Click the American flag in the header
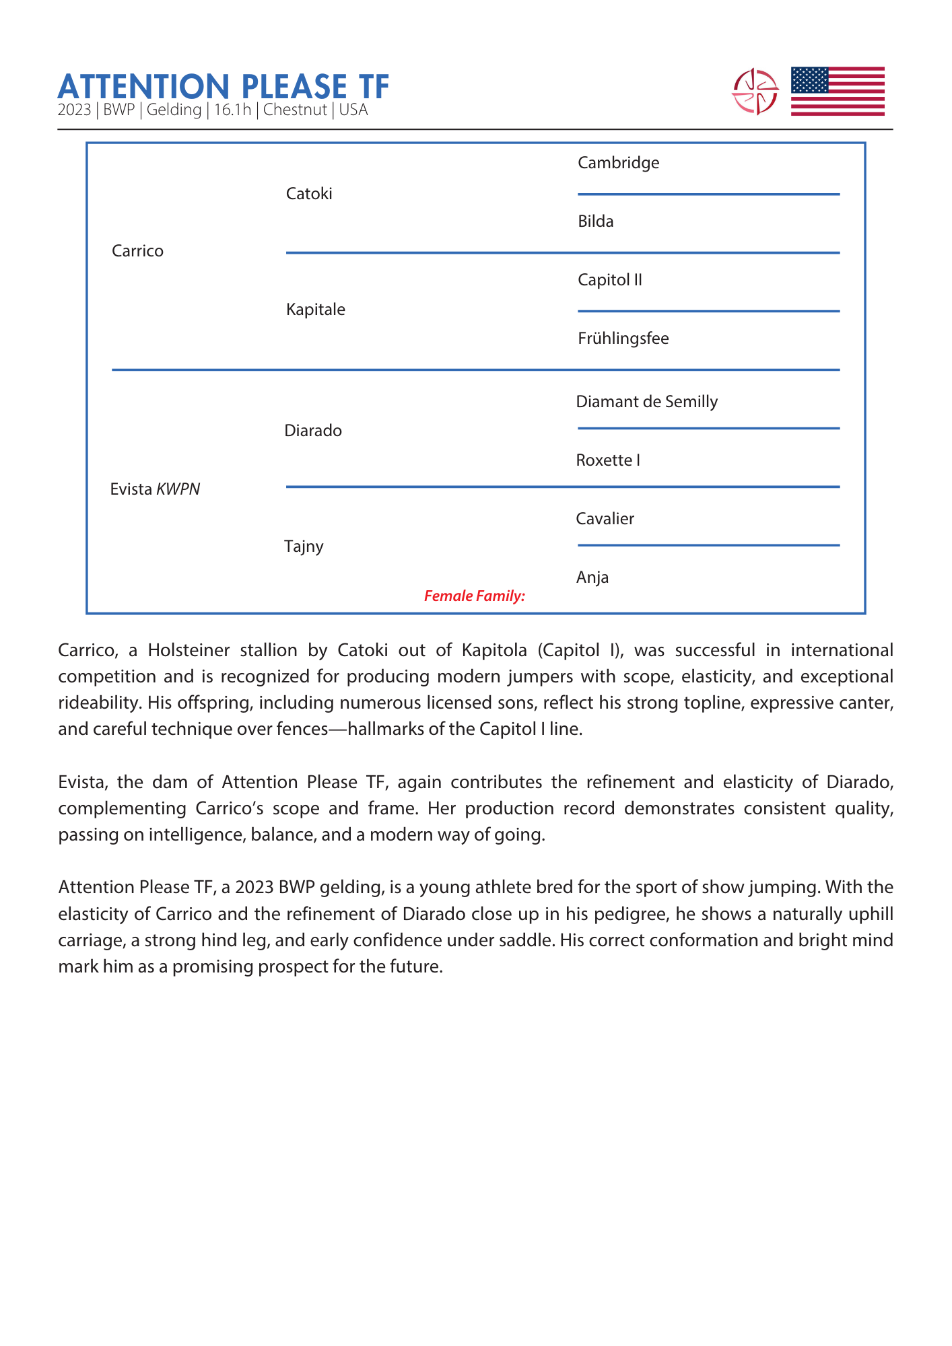[x=837, y=92]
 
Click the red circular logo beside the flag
[x=755, y=92]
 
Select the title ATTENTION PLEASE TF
[x=224, y=87]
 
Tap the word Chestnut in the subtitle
[x=295, y=110]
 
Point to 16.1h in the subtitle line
[x=232, y=110]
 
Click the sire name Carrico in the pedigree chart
[x=137, y=251]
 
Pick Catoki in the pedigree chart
[x=309, y=194]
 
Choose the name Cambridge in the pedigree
[x=618, y=163]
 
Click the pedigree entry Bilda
[x=595, y=221]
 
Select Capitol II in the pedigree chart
[x=609, y=280]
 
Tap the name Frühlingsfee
[x=623, y=339]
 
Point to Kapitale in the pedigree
[x=315, y=310]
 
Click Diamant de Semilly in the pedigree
[x=646, y=402]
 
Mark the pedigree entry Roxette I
[x=607, y=460]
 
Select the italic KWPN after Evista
[x=178, y=489]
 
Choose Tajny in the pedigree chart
[x=304, y=546]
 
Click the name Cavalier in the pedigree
[x=605, y=519]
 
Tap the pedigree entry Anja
[x=592, y=577]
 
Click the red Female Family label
[x=474, y=596]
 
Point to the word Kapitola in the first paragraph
[x=494, y=650]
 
